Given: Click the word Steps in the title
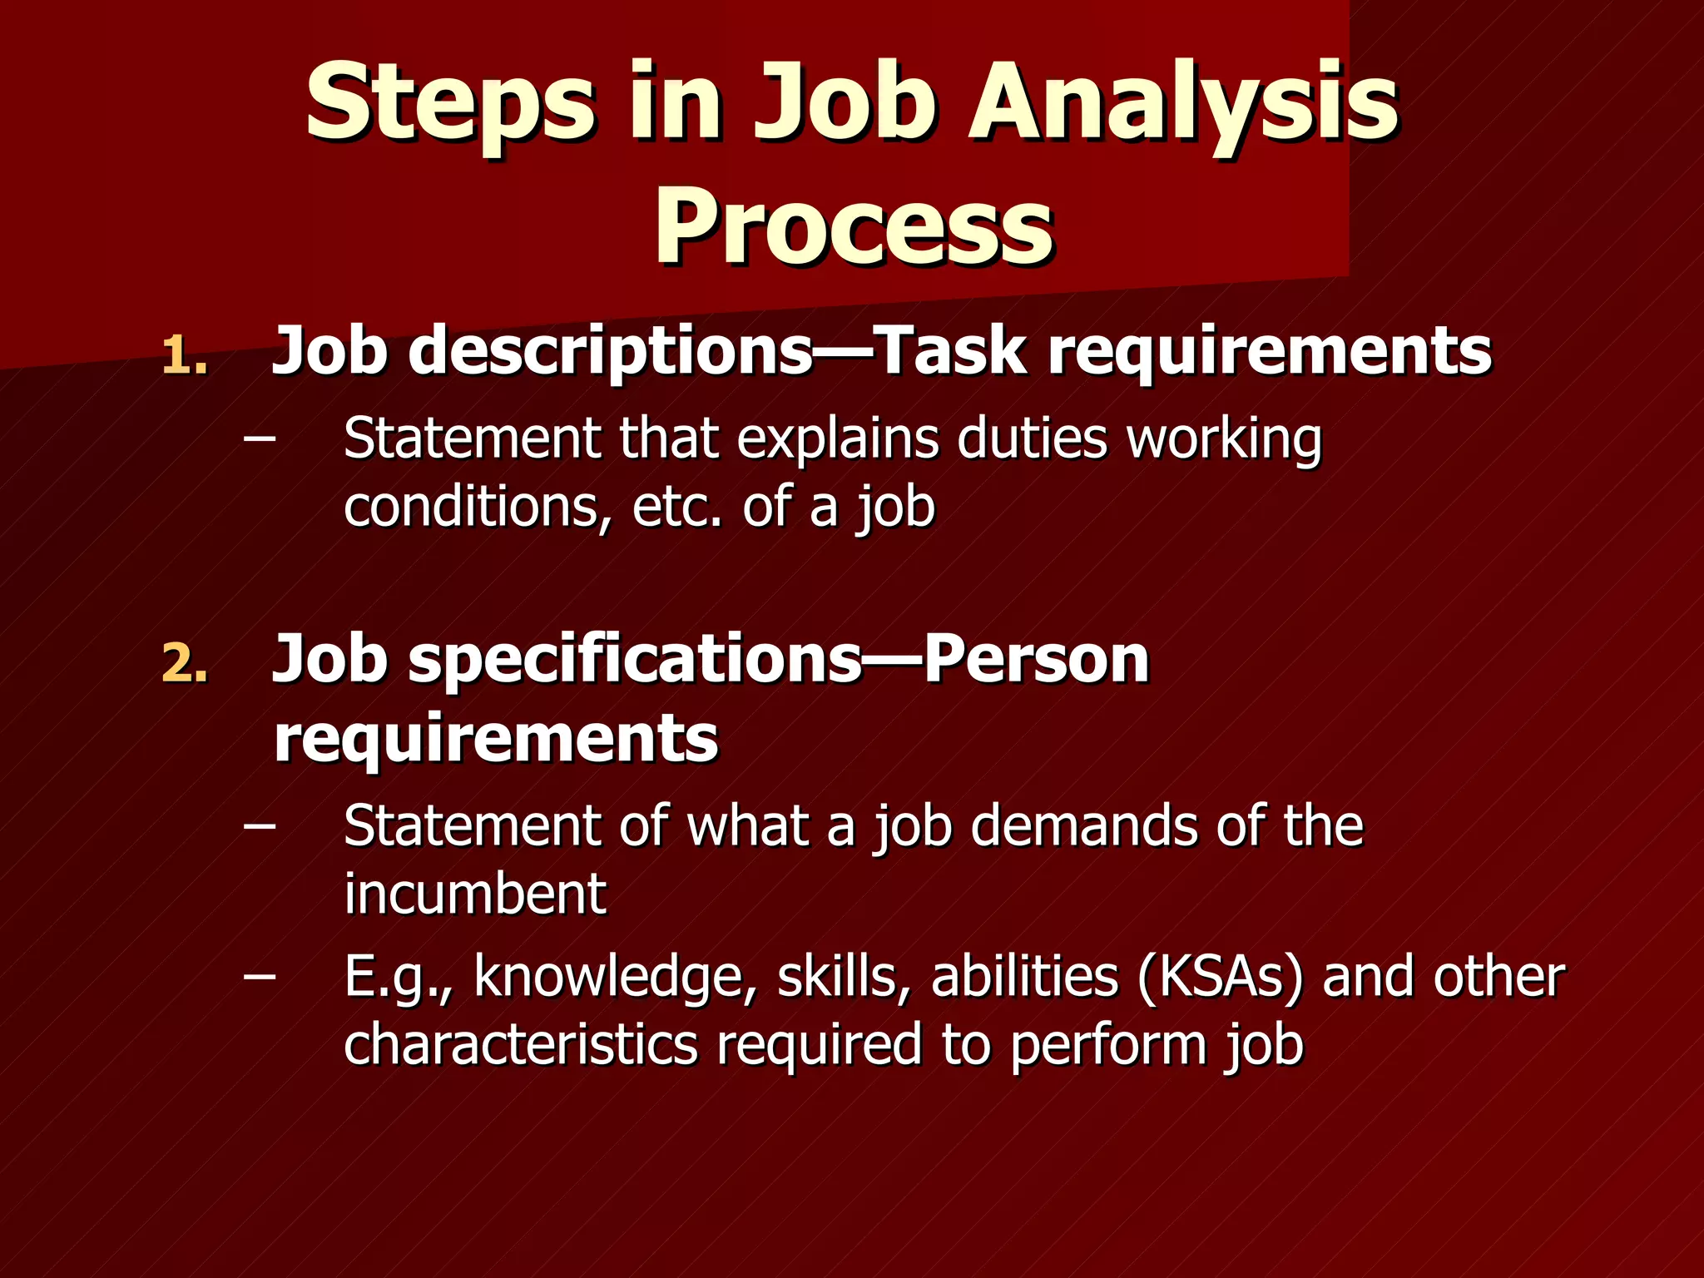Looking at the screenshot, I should tap(449, 104).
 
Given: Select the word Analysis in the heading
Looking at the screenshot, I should tap(1181, 104).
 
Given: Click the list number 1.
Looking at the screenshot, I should tap(184, 356).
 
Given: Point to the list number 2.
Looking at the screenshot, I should tap(184, 664).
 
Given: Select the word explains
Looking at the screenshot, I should tap(837, 438).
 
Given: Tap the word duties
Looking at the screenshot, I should tap(1033, 438).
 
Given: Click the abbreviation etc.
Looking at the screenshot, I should tap(676, 507).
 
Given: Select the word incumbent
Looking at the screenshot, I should tap(475, 894).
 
